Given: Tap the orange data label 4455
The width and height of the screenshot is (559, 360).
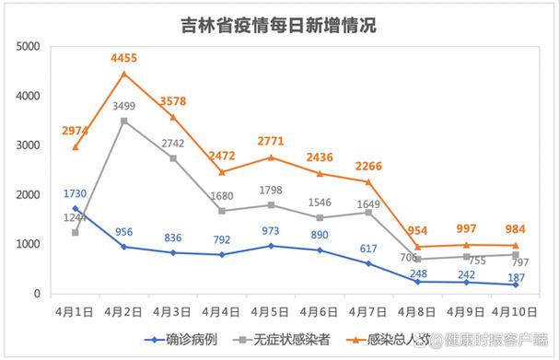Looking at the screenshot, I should (125, 58).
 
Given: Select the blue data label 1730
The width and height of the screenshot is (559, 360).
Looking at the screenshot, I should (76, 193).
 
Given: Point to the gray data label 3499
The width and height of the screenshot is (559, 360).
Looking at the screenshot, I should (124, 107).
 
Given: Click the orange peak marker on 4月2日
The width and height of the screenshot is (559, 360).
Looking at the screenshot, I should (124, 74).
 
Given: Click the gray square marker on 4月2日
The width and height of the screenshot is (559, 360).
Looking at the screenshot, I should (124, 121).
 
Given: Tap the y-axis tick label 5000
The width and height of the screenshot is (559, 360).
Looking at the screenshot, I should (27, 47).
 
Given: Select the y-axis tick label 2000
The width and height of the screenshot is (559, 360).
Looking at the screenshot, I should (27, 195).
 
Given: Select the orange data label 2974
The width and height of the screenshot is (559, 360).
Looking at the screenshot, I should (75, 132).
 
